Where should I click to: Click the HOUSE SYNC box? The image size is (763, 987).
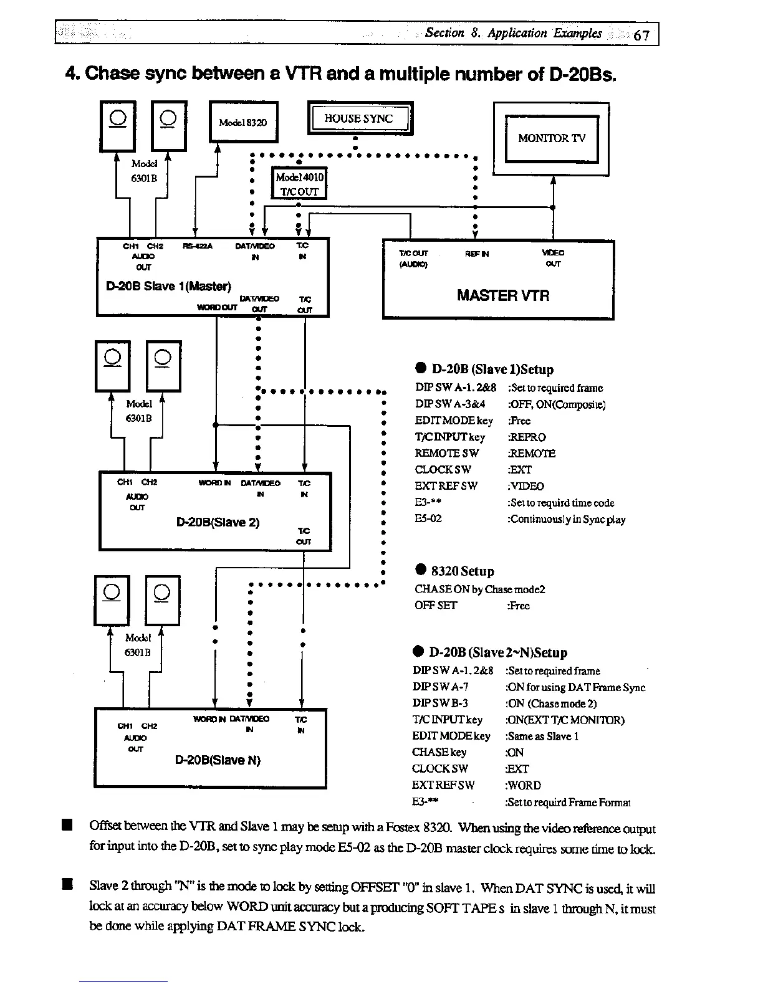tap(360, 118)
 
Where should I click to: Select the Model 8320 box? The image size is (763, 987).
tap(242, 122)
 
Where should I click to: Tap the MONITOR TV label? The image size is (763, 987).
tap(551, 138)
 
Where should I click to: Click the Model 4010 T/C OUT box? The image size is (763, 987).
tap(299, 184)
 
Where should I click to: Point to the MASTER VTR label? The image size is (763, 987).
tap(503, 295)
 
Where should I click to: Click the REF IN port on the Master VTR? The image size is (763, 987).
tap(477, 254)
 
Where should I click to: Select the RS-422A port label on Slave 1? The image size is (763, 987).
tap(198, 246)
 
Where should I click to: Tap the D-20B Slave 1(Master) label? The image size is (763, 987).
tap(168, 287)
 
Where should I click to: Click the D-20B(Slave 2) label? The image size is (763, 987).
tap(218, 522)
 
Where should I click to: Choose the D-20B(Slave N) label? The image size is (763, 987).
tap(218, 760)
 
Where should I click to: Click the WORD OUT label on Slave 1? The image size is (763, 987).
tap(216, 308)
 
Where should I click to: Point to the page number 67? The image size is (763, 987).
tap(641, 35)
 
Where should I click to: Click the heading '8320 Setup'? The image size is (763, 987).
tap(462, 571)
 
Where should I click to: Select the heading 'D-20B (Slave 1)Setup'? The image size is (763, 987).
tap(492, 370)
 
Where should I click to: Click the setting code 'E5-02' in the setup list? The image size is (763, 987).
tap(428, 518)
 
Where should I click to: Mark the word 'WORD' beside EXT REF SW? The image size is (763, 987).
tap(525, 785)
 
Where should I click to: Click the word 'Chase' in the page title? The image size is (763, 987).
tap(110, 74)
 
